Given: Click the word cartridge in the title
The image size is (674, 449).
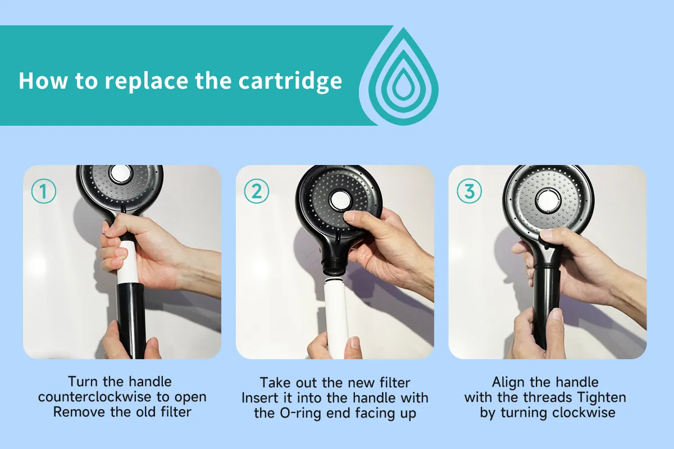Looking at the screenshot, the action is point(290,81).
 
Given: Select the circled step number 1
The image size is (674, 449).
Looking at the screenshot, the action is point(44,191).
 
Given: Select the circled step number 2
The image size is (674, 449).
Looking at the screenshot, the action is point(256,191).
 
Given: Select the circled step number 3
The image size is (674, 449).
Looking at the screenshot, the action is point(469,191).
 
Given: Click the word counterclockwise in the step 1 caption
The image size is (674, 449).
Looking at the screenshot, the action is point(94,397).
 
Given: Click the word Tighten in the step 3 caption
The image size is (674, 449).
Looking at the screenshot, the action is point(602,397).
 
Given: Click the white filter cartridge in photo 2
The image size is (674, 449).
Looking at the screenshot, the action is point(336,319).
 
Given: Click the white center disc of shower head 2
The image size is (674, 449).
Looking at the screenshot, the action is point(339,200).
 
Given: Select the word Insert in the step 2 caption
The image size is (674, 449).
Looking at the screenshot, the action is point(259,398).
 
